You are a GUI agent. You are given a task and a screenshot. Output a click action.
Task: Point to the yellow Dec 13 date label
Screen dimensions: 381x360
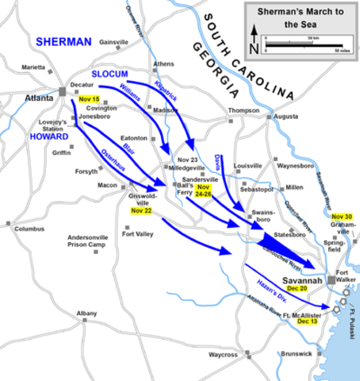coord(307,322)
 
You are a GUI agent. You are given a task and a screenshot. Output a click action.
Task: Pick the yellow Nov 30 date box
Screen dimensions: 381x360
coord(342,217)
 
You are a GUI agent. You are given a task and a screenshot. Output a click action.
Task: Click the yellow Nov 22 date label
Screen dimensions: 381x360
coord(141,211)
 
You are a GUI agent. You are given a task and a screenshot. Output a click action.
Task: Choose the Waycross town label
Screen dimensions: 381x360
coord(224,354)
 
